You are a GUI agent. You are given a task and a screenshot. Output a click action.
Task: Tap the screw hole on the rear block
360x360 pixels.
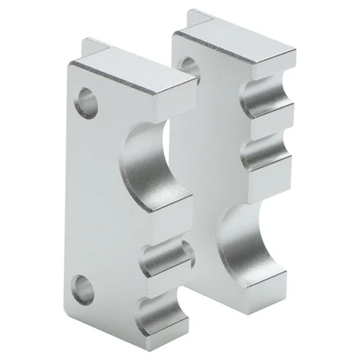(x=188, y=66)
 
